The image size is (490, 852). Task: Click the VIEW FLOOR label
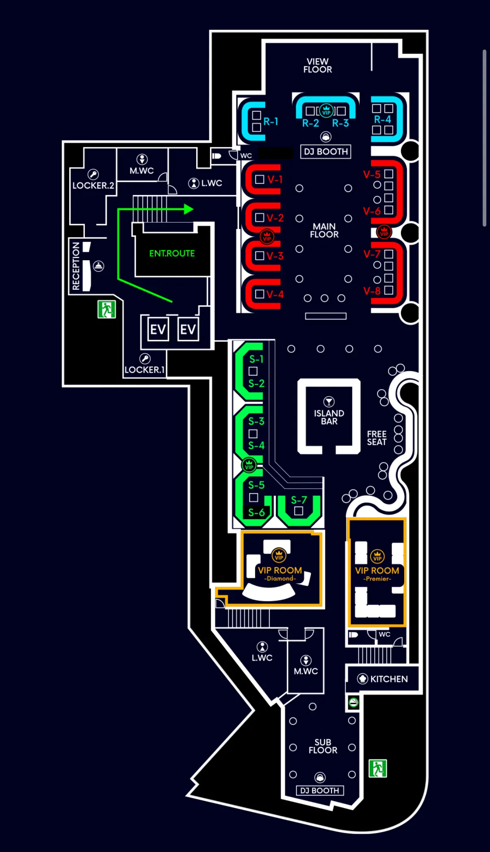[x=318, y=65]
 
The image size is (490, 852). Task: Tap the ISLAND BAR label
[x=329, y=417]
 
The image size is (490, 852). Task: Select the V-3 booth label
[x=275, y=256]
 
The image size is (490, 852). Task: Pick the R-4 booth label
[x=382, y=119]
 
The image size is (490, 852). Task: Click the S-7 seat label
[x=299, y=500]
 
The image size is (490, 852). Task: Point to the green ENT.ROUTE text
[x=172, y=253]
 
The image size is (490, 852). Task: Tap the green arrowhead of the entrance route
[x=189, y=209]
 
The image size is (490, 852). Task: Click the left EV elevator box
[x=158, y=329]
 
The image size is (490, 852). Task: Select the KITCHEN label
[x=389, y=679]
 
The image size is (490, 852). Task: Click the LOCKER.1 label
[x=144, y=370]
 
